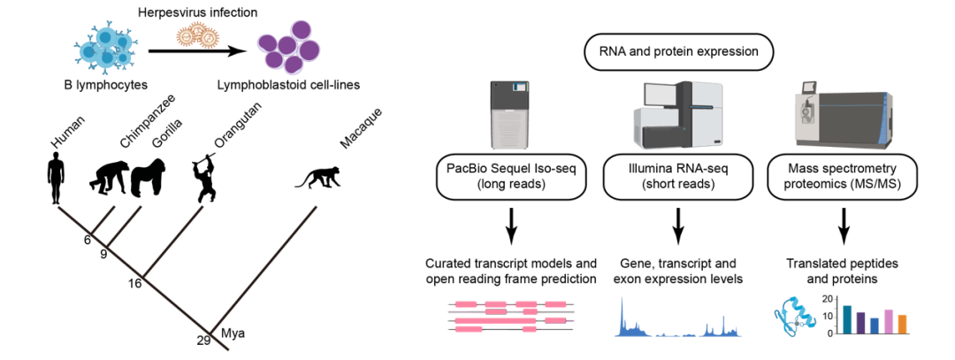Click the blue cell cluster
(105, 47)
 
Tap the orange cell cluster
(197, 35)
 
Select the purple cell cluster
(289, 47)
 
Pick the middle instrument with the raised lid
(678, 115)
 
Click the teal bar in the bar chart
(847, 318)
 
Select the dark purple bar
(861, 321)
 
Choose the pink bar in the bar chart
(889, 320)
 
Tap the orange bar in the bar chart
(902, 323)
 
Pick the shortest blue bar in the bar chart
(875, 325)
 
